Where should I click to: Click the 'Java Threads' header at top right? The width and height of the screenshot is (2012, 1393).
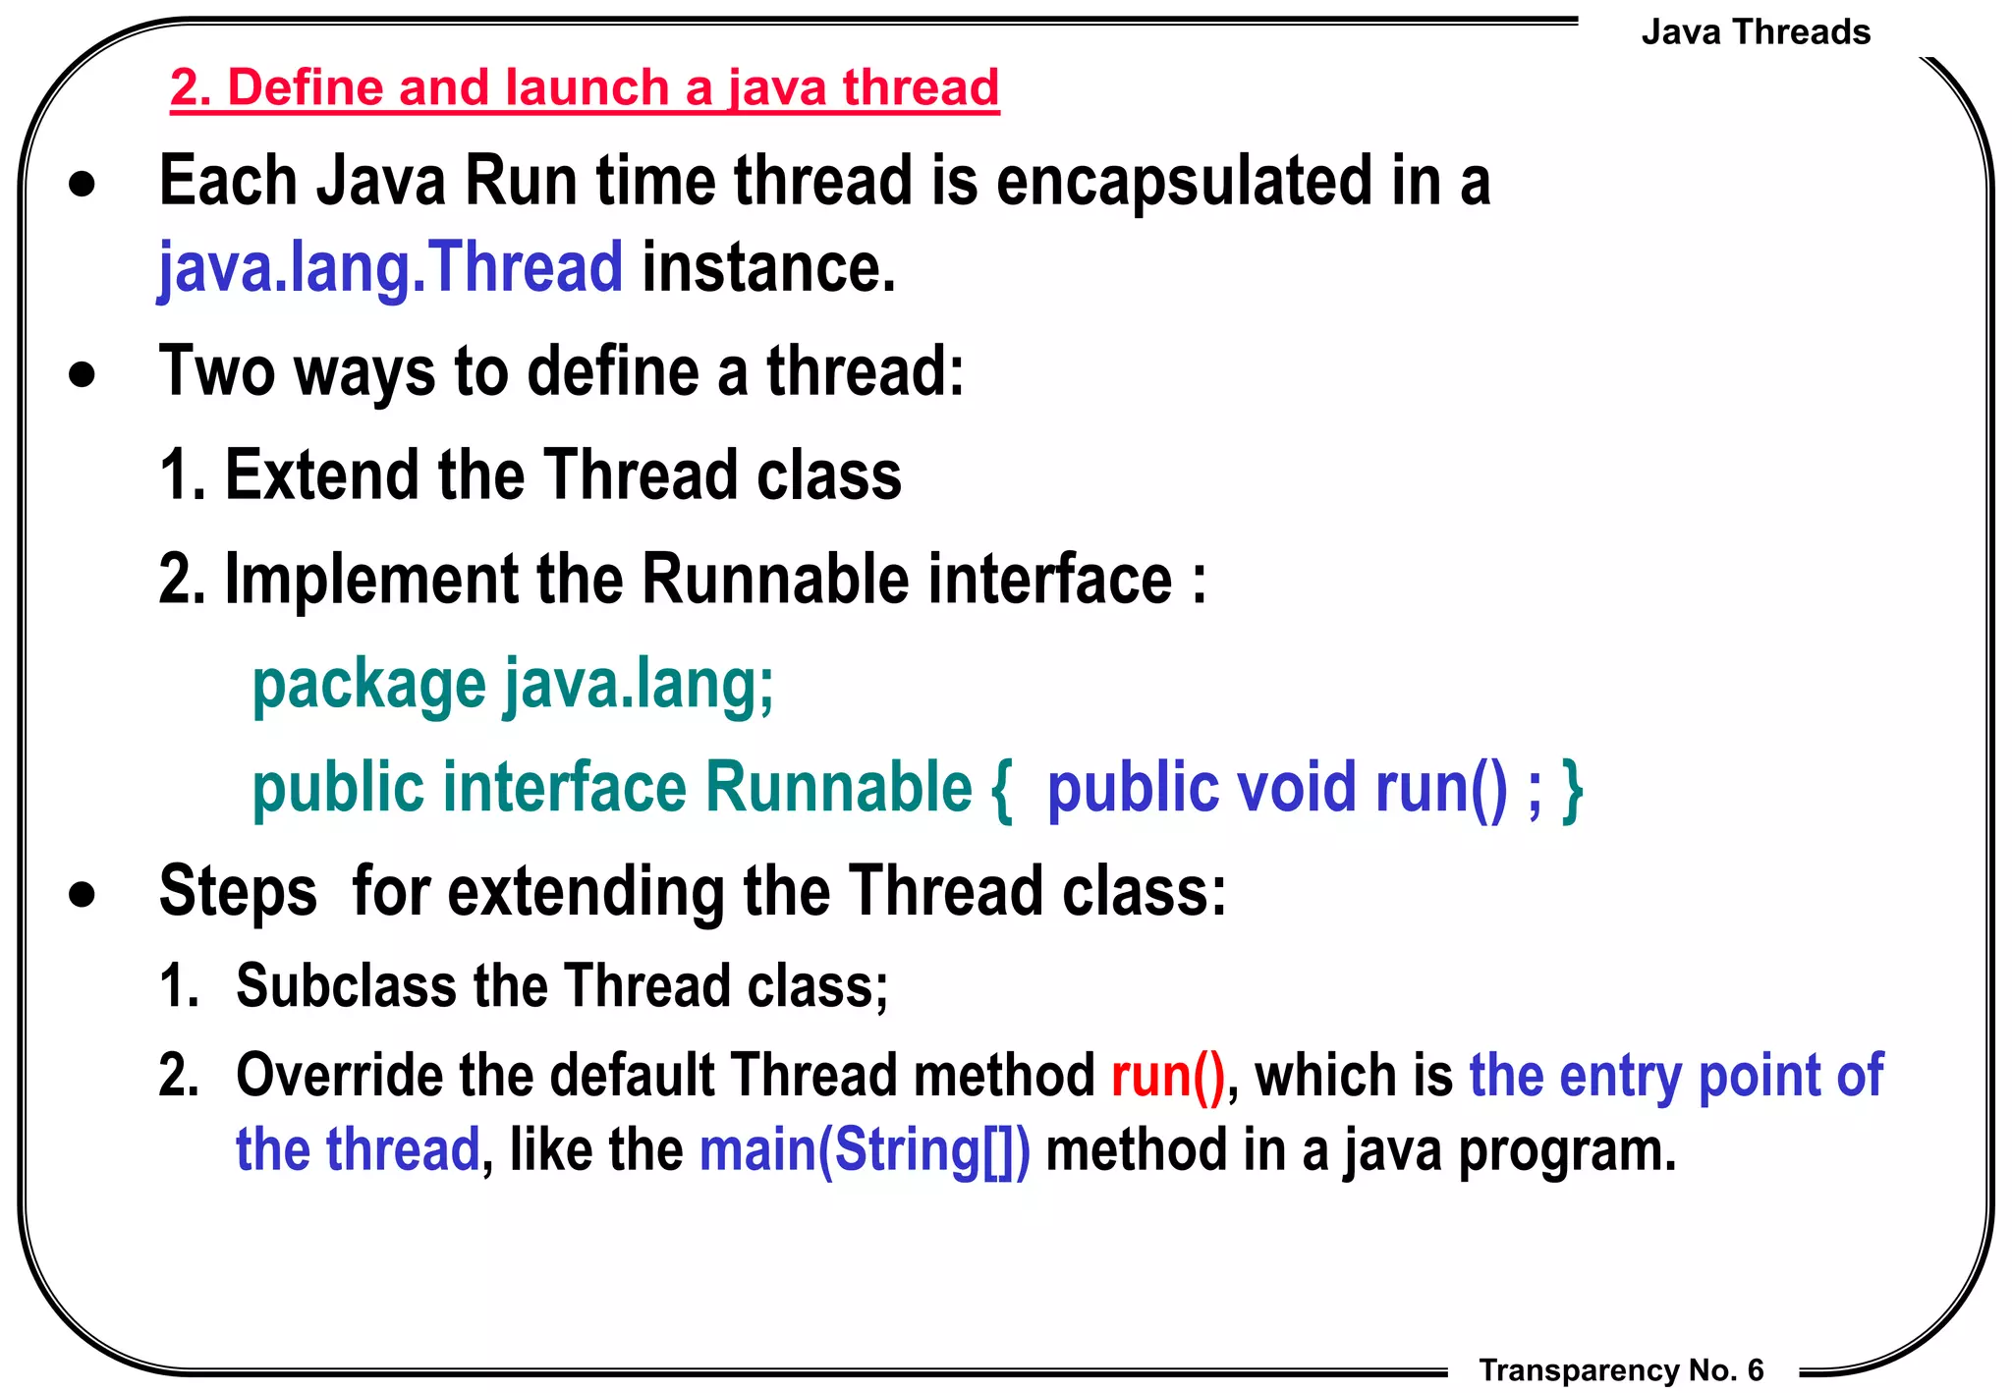(1755, 32)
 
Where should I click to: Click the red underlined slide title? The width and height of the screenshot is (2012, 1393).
(584, 88)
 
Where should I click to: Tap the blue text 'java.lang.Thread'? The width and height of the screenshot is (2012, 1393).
(390, 267)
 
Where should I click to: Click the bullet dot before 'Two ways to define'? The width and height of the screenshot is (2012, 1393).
(83, 374)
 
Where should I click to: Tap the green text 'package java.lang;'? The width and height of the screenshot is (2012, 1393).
(513, 685)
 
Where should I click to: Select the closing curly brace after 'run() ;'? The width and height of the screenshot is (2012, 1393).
(1572, 790)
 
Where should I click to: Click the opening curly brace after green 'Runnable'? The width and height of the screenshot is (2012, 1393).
(1001, 790)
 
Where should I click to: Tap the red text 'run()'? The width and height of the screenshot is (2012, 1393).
(1167, 1076)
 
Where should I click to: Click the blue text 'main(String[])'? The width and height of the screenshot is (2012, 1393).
(865, 1150)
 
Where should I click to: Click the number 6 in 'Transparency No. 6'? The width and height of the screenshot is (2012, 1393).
(1755, 1369)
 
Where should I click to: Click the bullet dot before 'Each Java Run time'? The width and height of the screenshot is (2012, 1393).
(83, 185)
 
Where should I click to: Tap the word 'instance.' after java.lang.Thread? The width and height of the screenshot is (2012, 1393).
(768, 267)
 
